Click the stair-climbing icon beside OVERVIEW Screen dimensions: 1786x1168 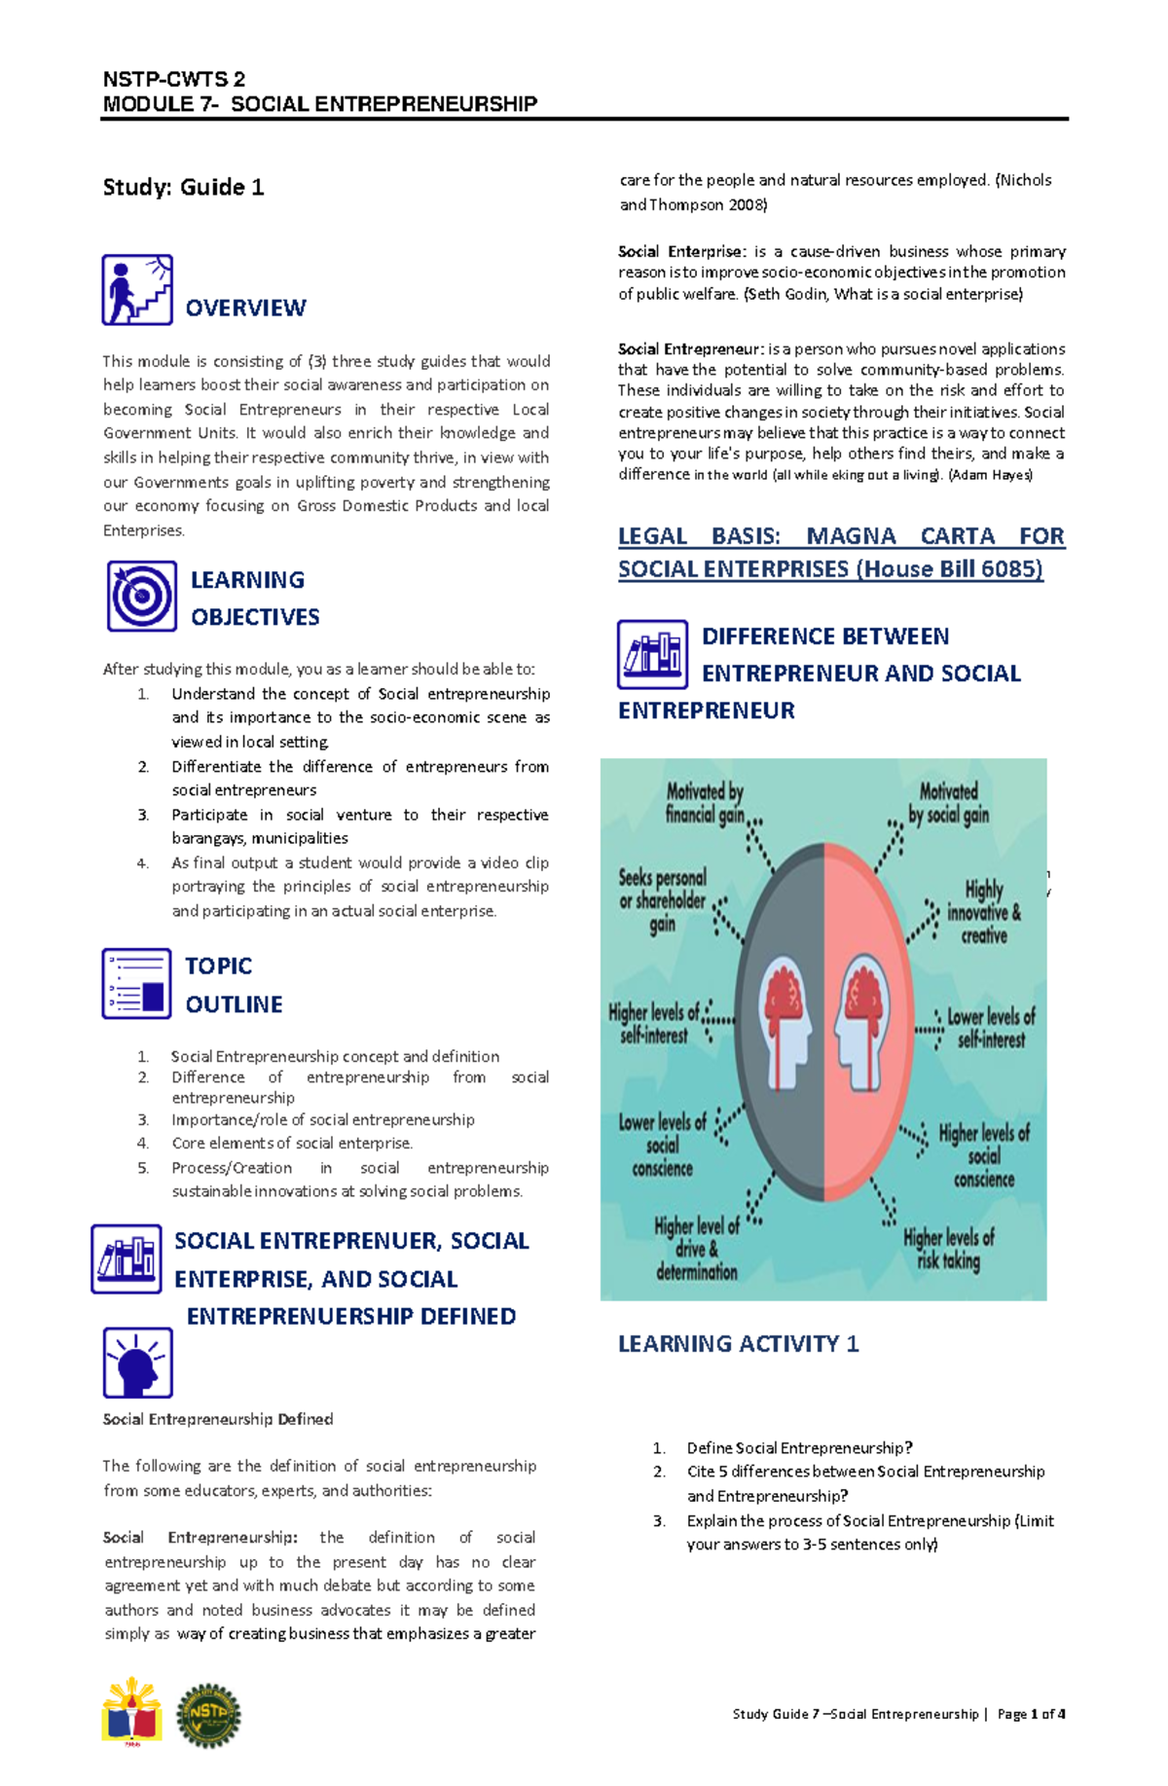tap(137, 290)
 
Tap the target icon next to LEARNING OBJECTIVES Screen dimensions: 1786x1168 tap(142, 596)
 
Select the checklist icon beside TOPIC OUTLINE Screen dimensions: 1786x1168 tap(136, 984)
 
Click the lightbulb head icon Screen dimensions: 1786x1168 tap(137, 1363)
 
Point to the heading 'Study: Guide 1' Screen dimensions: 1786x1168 tap(183, 187)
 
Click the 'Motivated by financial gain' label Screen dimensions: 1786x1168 tap(705, 803)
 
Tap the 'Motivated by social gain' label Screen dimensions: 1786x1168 tap(948, 803)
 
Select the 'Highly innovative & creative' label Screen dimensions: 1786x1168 tap(984, 912)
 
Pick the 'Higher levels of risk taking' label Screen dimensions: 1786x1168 tap(948, 1249)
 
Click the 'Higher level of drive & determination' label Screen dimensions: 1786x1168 tap(697, 1249)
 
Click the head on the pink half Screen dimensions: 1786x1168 tap(862, 1022)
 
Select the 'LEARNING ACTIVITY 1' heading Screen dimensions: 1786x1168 tap(739, 1344)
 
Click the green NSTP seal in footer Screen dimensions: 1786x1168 tap(208, 1715)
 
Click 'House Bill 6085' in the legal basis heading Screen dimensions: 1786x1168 tap(950, 569)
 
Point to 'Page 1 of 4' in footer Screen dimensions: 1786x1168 tap(1031, 1714)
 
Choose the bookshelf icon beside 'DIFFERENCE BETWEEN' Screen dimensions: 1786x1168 tap(652, 654)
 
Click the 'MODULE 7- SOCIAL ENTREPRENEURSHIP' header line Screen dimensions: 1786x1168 tap(320, 104)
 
